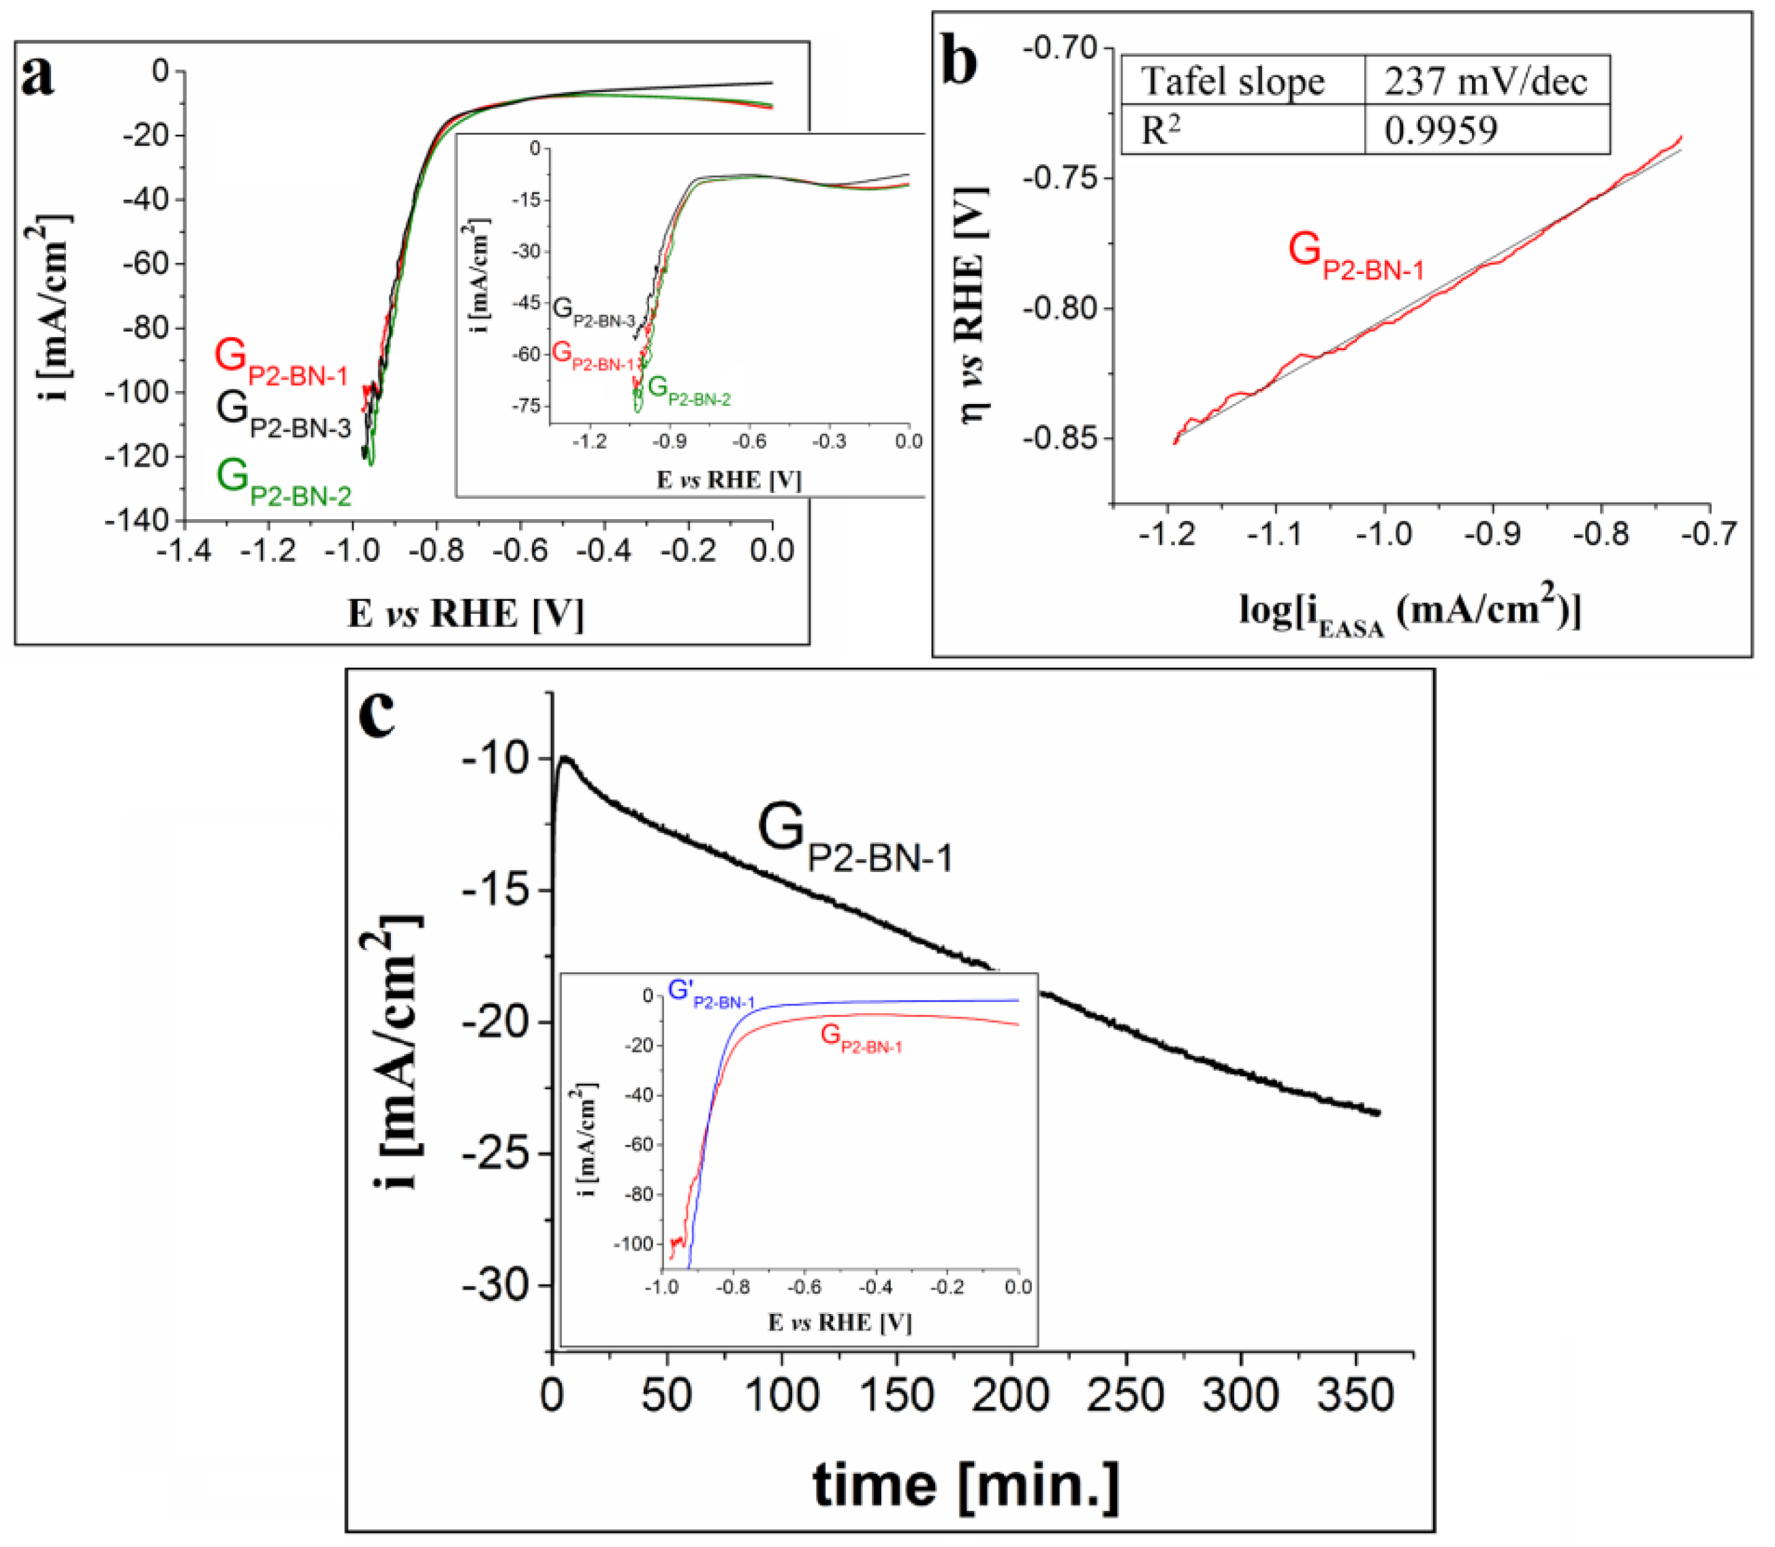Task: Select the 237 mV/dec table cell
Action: (1485, 82)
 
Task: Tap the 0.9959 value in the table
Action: (1440, 130)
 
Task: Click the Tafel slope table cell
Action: (1232, 82)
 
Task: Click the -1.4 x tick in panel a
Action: (184, 550)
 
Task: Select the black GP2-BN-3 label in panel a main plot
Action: (283, 414)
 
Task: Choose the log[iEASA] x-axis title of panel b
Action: (1410, 611)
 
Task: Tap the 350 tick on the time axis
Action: (1355, 1394)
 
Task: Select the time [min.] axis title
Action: (965, 1485)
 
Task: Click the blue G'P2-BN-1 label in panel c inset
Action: (711, 994)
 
